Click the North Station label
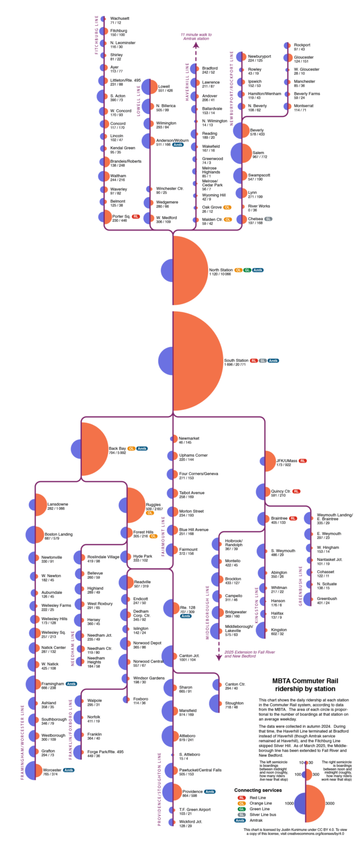pos(221,270)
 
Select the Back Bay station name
pos(117,448)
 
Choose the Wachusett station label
pos(120,18)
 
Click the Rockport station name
pos(302,44)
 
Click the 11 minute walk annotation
pos(196,36)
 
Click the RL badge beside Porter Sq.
pos(136,217)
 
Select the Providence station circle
pos(172,791)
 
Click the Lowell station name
pos(165,87)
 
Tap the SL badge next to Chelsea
pos(268,218)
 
